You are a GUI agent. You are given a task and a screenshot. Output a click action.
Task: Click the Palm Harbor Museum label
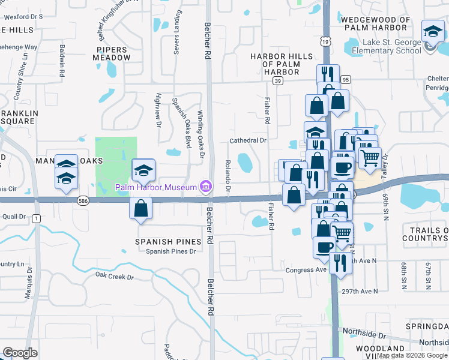click(156, 188)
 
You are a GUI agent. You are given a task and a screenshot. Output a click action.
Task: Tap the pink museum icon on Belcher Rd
click(206, 187)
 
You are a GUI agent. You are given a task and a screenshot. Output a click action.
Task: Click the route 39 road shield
click(277, 80)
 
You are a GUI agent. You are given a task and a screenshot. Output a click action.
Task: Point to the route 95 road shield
click(345, 79)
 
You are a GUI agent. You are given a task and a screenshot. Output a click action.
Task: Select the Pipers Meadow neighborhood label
click(112, 53)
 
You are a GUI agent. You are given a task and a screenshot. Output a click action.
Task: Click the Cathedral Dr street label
click(247, 140)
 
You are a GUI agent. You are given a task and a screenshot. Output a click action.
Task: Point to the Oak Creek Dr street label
click(114, 277)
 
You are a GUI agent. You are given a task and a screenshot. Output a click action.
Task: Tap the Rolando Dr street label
click(228, 173)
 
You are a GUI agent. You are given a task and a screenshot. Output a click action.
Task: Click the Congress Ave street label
click(306, 270)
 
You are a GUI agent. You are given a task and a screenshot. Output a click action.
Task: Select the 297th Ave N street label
click(358, 291)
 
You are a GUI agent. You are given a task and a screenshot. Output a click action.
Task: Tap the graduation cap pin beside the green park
click(143, 170)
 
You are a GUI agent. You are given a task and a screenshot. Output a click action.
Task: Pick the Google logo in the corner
click(20, 353)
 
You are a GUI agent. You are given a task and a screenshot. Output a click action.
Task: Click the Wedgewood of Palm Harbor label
click(375, 23)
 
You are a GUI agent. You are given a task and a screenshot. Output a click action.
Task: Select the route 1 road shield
click(37, 218)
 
